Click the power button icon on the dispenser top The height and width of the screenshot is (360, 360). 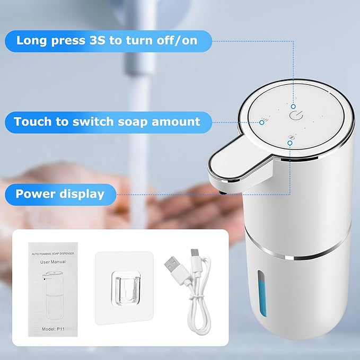294,114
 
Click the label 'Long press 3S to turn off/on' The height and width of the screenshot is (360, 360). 108,40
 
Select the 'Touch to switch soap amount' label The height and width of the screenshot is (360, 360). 107,121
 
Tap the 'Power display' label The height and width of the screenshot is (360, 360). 60,194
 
